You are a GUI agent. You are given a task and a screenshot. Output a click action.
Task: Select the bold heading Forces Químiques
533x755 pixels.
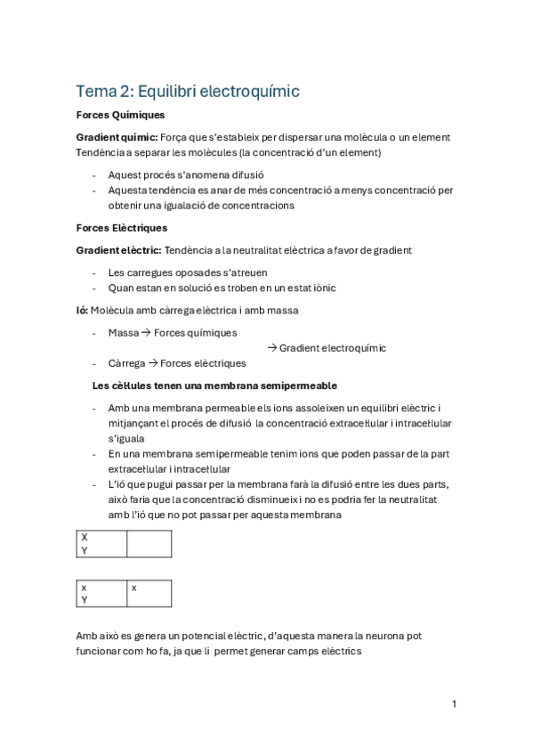tap(120, 115)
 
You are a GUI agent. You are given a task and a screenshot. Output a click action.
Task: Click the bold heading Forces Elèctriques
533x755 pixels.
tap(122, 228)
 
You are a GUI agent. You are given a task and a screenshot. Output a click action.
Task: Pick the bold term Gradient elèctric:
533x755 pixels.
tap(118, 251)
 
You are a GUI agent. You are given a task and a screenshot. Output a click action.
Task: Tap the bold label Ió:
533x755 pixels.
tap(82, 310)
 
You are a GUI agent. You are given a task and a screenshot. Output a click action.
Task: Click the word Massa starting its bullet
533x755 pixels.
tap(124, 332)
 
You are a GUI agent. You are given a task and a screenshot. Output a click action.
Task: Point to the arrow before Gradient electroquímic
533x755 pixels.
tap(272, 348)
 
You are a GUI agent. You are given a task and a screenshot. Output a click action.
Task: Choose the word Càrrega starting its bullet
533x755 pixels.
tap(126, 363)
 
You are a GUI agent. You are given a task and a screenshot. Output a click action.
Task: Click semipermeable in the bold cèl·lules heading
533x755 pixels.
tap(295, 386)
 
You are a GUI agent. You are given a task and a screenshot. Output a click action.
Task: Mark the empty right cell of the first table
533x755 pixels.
tap(149, 544)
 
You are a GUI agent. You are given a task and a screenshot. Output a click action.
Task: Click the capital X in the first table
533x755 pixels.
tap(85, 537)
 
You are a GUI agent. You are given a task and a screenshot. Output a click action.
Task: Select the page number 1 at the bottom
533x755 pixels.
tap(454, 704)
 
